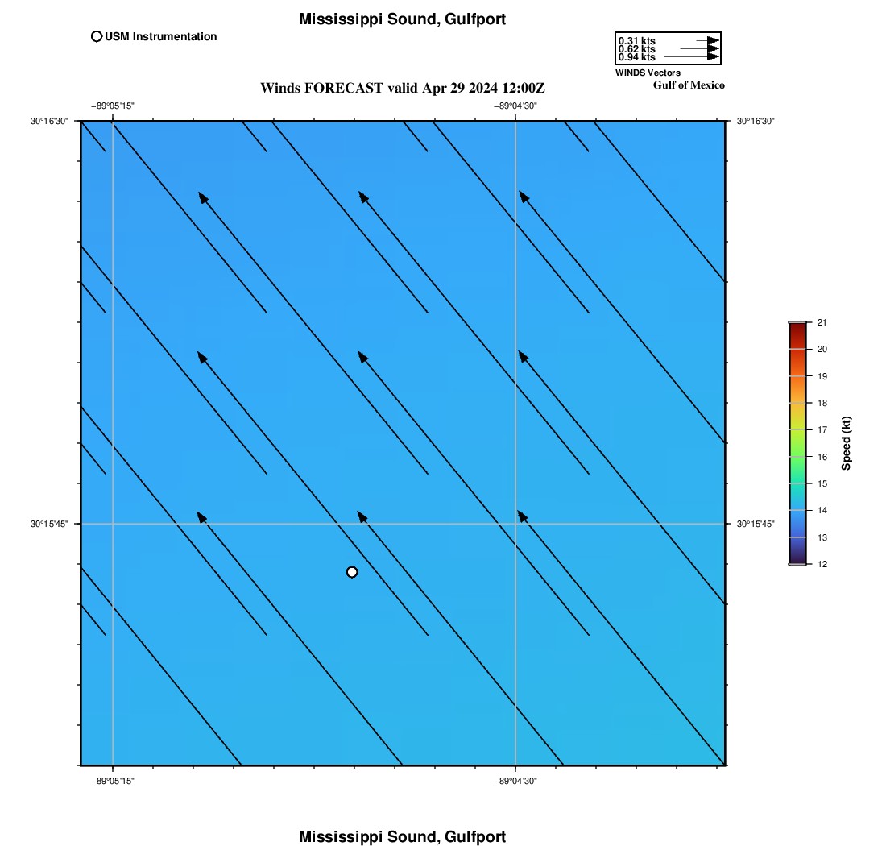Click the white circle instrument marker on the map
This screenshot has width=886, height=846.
point(352,572)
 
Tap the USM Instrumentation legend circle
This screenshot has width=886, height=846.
point(97,37)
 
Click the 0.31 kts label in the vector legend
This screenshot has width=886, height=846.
point(637,41)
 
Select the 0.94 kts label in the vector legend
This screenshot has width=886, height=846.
point(637,57)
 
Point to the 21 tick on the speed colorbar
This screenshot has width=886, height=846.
point(822,323)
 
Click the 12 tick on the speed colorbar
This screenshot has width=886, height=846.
point(822,564)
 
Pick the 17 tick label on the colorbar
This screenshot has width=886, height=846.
point(822,430)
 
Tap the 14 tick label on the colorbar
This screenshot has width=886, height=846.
point(822,510)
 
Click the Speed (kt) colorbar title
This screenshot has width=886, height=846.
point(846,444)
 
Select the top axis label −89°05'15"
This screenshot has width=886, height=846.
point(113,106)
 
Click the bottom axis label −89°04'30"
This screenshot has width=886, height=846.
point(515,781)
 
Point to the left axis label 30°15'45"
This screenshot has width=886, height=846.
point(49,524)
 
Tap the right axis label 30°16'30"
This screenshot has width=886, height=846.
point(756,121)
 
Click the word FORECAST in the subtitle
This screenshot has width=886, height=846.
point(344,88)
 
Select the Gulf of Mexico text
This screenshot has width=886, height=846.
point(689,85)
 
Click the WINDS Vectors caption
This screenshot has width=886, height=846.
point(648,73)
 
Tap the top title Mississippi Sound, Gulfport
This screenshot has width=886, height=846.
point(402,19)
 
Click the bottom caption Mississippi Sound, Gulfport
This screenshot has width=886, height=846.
point(402,836)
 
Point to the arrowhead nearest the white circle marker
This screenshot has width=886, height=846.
point(362,517)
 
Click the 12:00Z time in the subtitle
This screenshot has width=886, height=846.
point(524,88)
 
